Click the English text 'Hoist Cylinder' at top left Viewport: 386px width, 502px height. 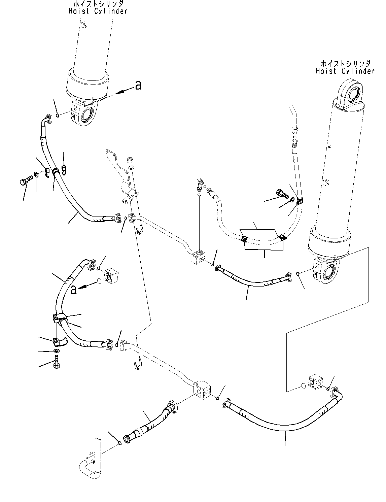[x=98, y=11]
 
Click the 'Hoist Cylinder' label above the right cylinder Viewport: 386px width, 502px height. [x=345, y=71]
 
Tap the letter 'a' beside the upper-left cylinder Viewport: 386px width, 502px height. [x=138, y=86]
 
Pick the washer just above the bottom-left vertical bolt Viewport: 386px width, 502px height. [x=57, y=352]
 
